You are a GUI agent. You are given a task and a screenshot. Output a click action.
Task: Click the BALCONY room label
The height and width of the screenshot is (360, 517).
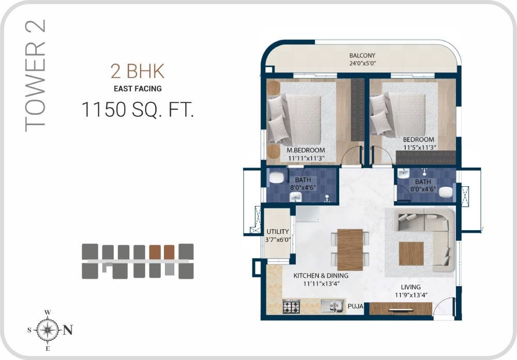click(x=362, y=55)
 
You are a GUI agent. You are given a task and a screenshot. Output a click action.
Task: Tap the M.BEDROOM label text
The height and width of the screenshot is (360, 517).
click(x=306, y=150)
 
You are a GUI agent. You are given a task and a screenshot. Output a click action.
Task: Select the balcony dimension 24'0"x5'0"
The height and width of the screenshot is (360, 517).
click(x=362, y=64)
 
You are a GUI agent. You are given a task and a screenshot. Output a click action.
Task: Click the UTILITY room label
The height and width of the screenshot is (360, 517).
click(x=278, y=232)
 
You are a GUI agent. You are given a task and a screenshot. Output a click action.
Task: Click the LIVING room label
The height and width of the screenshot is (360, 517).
click(x=411, y=287)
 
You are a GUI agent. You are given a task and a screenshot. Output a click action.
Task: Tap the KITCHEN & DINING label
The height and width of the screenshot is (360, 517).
click(x=321, y=276)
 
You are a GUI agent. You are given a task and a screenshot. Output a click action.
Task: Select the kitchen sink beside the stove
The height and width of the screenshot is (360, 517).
click(x=332, y=307)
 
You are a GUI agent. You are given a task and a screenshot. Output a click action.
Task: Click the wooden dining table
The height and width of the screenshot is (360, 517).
click(x=350, y=249)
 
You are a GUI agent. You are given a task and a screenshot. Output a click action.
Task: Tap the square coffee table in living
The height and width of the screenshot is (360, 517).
click(x=411, y=253)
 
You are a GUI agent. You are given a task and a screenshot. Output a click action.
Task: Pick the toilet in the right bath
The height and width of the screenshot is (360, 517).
click(x=445, y=192)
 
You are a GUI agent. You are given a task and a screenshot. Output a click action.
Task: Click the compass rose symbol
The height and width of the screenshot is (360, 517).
click(x=47, y=329)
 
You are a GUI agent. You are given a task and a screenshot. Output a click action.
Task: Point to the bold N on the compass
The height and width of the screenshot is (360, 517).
click(x=67, y=330)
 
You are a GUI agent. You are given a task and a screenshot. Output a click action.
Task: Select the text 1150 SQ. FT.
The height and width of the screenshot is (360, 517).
click(x=138, y=110)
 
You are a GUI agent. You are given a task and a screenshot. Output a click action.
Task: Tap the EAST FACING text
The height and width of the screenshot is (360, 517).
click(x=138, y=88)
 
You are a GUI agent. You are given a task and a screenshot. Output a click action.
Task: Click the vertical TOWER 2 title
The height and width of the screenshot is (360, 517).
click(x=36, y=75)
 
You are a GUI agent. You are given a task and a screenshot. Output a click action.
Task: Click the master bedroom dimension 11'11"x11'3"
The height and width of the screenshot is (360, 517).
click(x=306, y=158)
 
